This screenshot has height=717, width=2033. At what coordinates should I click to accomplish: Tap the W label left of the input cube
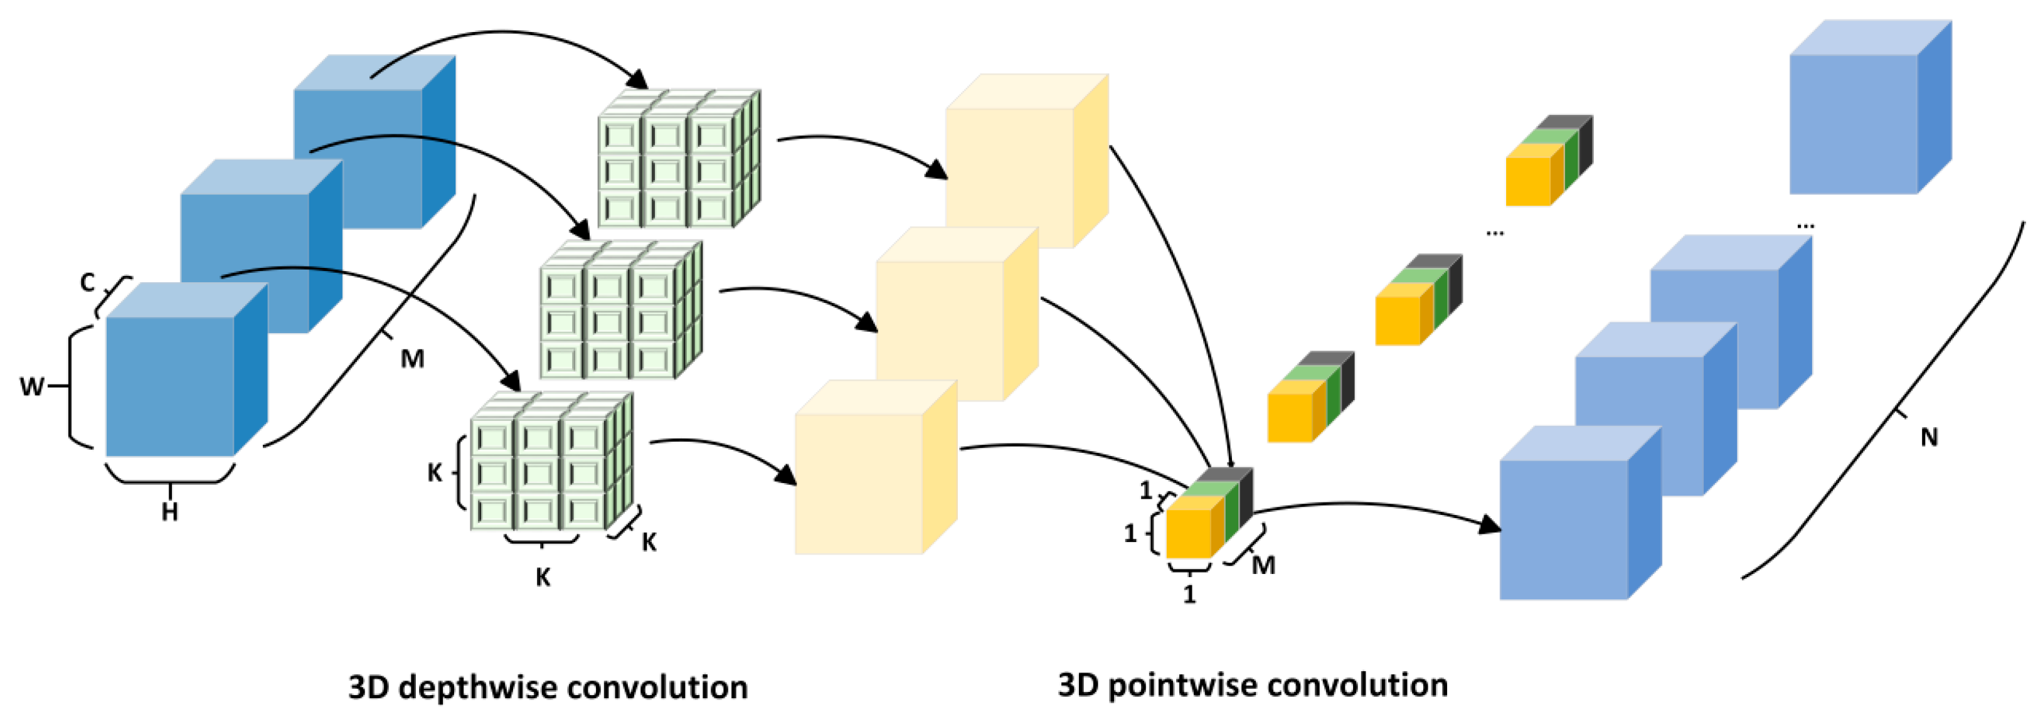31,387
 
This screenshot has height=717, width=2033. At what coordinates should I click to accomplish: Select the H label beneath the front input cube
170,513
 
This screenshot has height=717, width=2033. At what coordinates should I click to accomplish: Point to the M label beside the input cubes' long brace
412,359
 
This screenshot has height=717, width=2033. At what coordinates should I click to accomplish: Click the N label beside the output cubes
1929,437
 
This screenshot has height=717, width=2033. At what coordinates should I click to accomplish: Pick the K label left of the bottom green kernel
435,473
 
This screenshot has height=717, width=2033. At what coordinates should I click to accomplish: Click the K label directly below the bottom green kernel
543,577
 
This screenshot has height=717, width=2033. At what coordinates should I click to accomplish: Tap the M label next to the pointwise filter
1263,565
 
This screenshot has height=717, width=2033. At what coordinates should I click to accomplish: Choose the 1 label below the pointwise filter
1189,594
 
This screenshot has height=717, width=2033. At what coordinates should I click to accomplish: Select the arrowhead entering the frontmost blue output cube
1490,524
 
